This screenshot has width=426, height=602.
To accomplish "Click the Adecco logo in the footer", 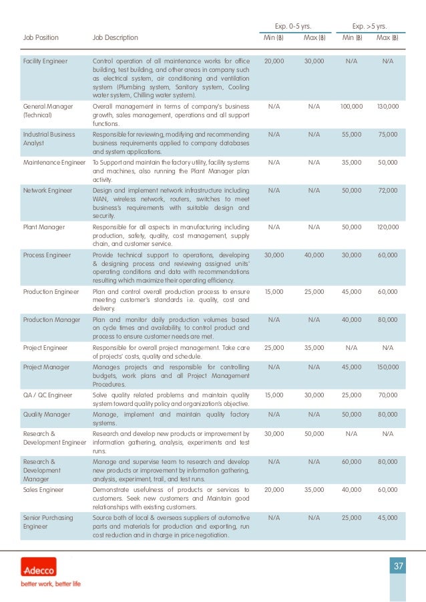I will point(38,569).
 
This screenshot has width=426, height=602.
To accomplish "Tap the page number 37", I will point(398,567).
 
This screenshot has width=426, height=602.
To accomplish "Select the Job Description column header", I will point(116,38).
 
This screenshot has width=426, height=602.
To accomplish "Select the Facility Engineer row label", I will point(45,61).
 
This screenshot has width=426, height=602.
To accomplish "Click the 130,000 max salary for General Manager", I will point(387,107).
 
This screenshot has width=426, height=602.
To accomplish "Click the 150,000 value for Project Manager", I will point(387,367).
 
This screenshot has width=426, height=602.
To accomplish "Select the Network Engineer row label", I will point(47,191).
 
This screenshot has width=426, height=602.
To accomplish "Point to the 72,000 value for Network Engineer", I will point(387,191).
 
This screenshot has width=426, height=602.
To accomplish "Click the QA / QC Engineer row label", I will point(49,395).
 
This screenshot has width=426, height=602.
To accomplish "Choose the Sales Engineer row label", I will point(43,489).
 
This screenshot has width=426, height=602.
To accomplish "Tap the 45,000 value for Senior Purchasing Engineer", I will point(387,517).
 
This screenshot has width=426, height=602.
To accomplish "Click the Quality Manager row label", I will point(47,414).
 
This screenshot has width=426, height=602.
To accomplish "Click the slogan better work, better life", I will point(50,584).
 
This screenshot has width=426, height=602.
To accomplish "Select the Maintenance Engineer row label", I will point(54,163).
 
